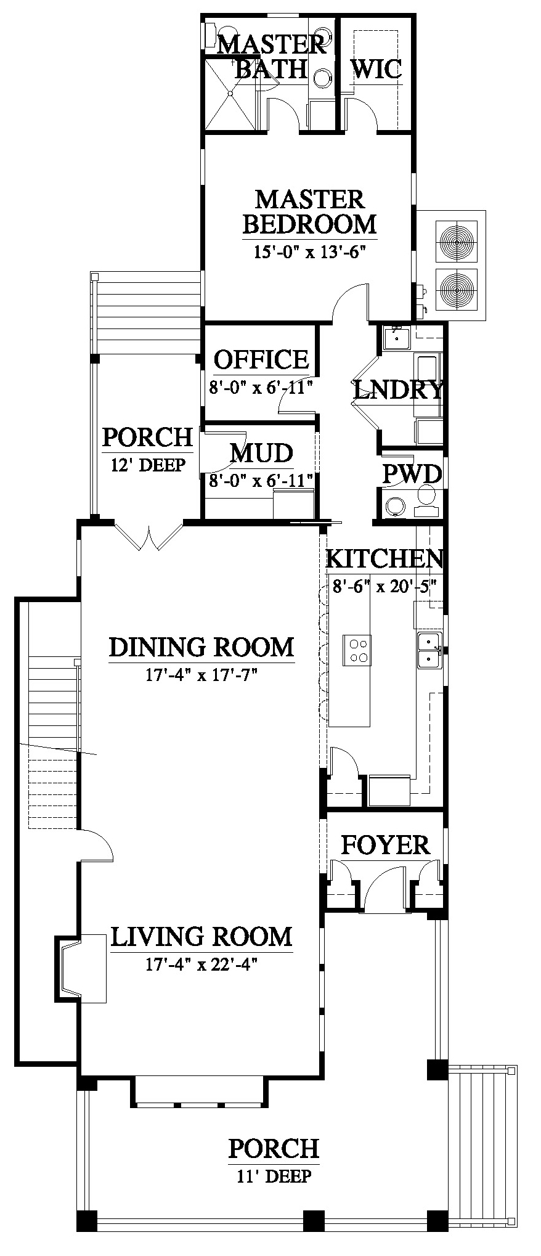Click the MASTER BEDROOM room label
point(309,211)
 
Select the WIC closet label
point(376,68)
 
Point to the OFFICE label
point(261,359)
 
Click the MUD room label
point(261,453)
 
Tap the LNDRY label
point(399,389)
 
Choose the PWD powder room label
point(412,474)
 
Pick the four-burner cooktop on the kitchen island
point(357,650)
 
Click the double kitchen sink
point(429,650)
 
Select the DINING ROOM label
point(201,647)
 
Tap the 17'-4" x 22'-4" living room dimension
point(201,964)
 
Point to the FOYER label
point(385,845)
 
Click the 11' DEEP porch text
point(274,1176)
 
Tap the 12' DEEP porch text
point(148,465)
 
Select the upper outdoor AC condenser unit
point(457,239)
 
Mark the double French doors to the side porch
point(148,536)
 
